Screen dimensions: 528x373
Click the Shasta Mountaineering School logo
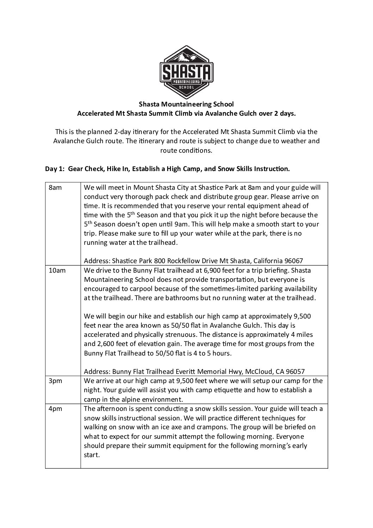click(186, 72)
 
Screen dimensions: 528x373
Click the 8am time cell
click(55, 188)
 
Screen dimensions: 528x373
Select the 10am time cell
click(57, 270)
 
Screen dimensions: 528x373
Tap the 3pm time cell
click(55, 381)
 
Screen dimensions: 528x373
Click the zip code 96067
click(293, 261)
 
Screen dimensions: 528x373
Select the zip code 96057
click(295, 371)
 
